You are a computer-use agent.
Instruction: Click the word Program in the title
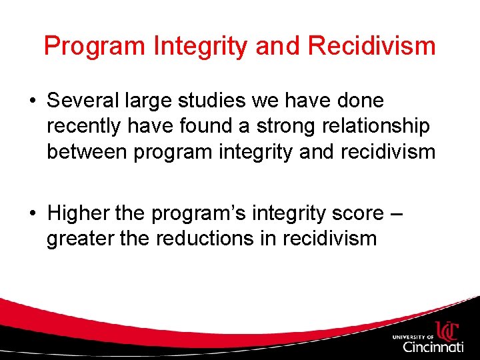pos(93,47)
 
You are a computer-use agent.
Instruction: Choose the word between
pos(87,151)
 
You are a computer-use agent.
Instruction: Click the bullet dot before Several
pos(32,101)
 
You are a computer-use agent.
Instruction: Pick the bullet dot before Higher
pos(32,213)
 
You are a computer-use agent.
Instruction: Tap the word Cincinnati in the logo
pos(433,347)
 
